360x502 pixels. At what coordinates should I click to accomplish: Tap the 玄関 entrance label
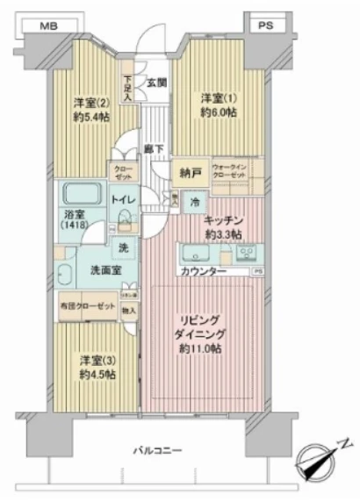point(156,83)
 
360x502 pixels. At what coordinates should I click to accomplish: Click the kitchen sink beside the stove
point(195,255)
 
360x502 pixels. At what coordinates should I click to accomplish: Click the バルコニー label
point(159,449)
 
